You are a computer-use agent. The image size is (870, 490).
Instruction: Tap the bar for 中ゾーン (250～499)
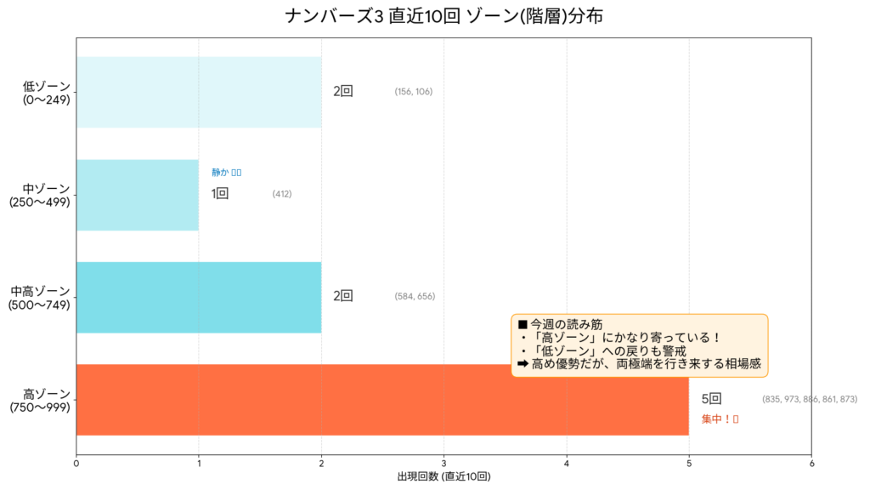point(137,195)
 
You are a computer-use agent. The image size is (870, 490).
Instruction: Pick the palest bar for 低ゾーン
point(198,92)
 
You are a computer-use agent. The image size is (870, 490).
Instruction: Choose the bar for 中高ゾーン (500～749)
point(198,297)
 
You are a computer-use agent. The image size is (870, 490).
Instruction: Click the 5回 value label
point(711,399)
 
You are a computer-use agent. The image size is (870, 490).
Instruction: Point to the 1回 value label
point(220,194)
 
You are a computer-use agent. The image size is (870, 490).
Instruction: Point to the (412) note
point(282,195)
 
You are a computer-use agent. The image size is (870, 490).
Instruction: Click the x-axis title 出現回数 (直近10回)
point(443,477)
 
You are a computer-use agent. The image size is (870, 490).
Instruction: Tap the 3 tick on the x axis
point(443,464)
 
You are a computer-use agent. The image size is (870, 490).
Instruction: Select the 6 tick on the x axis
point(811,464)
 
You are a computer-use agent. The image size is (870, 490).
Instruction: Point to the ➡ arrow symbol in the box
point(523,363)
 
